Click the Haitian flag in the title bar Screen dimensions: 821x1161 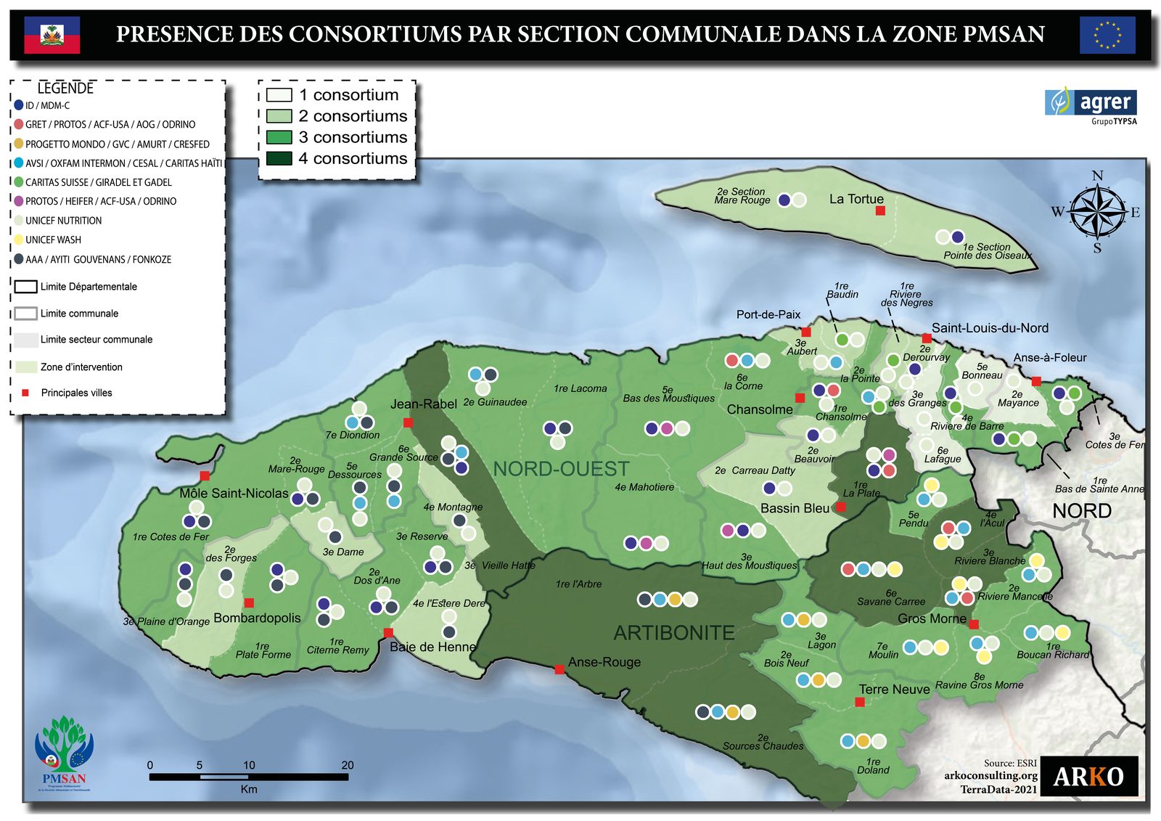tap(52, 35)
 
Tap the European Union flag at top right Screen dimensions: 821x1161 tap(1107, 35)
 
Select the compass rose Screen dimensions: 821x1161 tap(1098, 212)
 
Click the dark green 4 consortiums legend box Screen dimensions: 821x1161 tap(279, 158)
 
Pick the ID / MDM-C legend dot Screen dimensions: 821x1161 tap(19, 105)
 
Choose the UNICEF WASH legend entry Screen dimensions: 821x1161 tap(53, 240)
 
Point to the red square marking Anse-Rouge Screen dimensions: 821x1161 tap(559, 669)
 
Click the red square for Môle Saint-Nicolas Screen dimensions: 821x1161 tap(205, 475)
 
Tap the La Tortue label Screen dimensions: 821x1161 tap(856, 199)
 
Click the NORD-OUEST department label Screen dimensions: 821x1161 tap(561, 469)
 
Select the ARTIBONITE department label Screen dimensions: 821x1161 tap(674, 633)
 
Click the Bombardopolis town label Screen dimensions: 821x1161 tap(257, 618)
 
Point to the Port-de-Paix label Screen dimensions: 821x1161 tap(768, 314)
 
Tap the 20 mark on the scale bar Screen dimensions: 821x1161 tap(348, 765)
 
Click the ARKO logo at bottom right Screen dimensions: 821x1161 tap(1088, 776)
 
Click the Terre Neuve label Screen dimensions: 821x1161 tap(894, 690)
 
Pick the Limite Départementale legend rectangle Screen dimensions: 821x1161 tap(25, 287)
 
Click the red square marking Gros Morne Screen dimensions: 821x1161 tap(974, 624)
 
